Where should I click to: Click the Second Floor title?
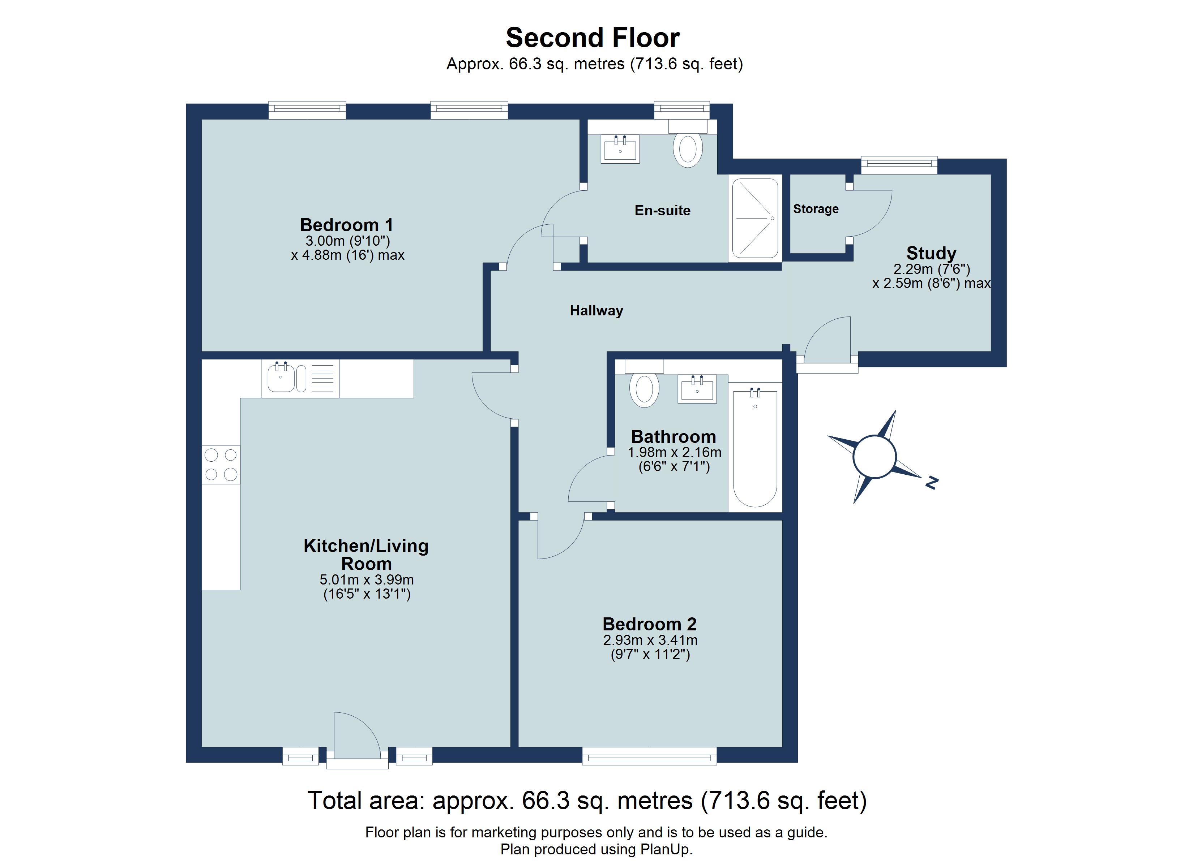[593, 38]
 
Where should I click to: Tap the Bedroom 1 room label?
[346, 225]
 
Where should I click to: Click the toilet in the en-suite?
[688, 149]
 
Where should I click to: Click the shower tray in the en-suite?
[755, 218]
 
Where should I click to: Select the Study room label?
[931, 253]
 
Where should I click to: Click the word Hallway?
[596, 310]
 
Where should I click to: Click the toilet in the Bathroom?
[644, 389]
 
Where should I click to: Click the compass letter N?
[932, 482]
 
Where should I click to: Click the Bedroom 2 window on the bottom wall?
[649, 757]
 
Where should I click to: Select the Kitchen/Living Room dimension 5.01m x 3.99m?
[367, 580]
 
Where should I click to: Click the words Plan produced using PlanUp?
[596, 850]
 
